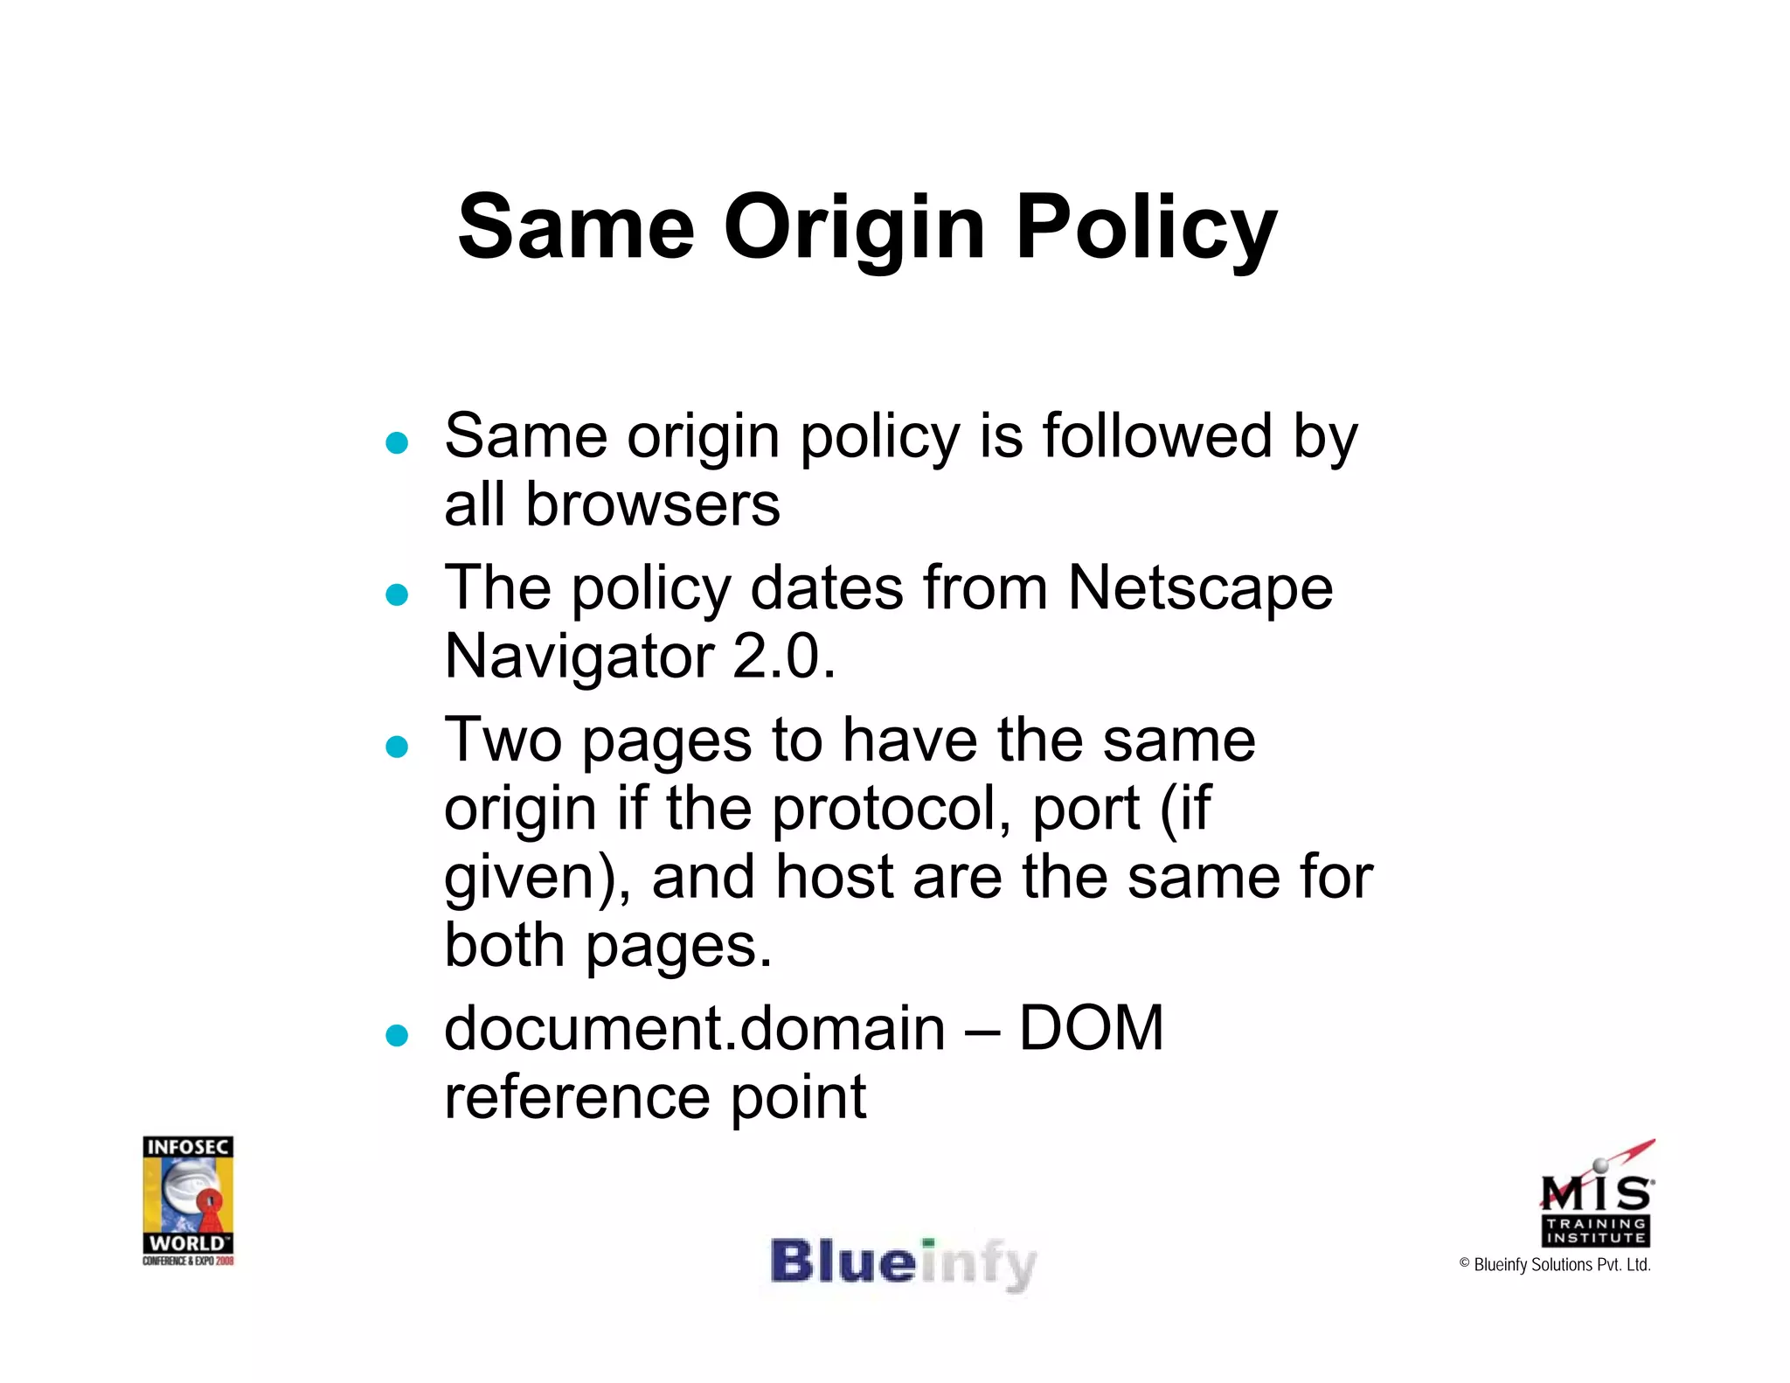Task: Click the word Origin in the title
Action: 855,229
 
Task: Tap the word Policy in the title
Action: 1146,229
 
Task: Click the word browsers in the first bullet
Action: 652,505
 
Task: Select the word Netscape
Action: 1200,588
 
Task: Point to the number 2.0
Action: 784,657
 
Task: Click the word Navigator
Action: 579,657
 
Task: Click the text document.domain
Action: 695,1028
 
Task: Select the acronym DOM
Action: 1091,1028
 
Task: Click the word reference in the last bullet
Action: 577,1097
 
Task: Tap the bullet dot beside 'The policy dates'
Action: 397,595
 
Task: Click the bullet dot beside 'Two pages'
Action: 397,747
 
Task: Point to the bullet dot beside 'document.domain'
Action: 397,1036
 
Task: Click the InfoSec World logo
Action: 188,1200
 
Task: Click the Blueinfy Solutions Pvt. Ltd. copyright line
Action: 1555,1265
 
